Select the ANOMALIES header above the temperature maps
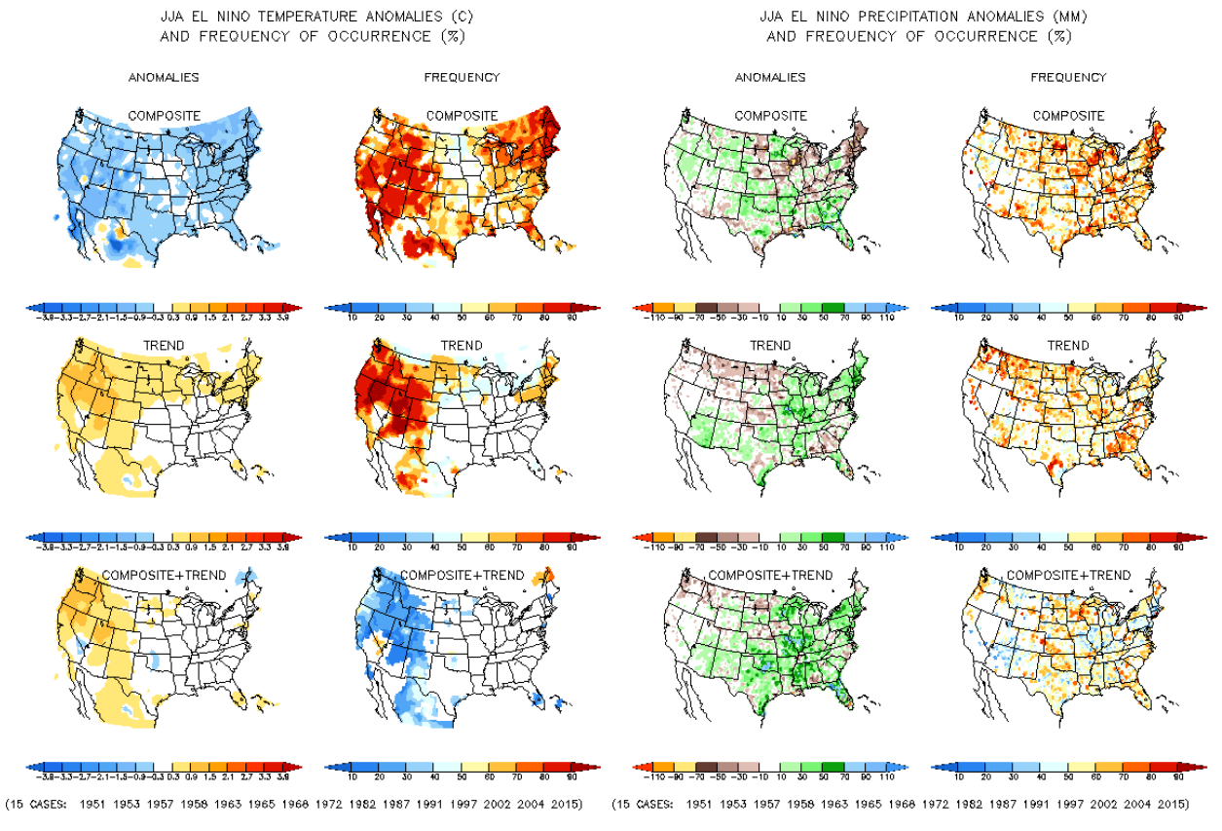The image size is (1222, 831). (x=164, y=77)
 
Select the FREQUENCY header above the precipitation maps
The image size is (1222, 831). (x=1068, y=77)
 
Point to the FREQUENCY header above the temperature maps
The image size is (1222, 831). (x=463, y=77)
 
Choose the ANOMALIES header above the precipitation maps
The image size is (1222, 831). (x=769, y=77)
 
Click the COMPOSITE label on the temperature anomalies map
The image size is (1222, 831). (x=164, y=116)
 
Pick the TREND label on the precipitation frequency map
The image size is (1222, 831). (x=1068, y=346)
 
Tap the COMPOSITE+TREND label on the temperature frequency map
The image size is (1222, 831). (x=463, y=575)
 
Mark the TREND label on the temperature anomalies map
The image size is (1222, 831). (x=164, y=346)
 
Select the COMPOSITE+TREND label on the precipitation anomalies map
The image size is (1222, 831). (x=769, y=575)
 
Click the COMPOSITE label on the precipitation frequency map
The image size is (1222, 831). (x=1068, y=116)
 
